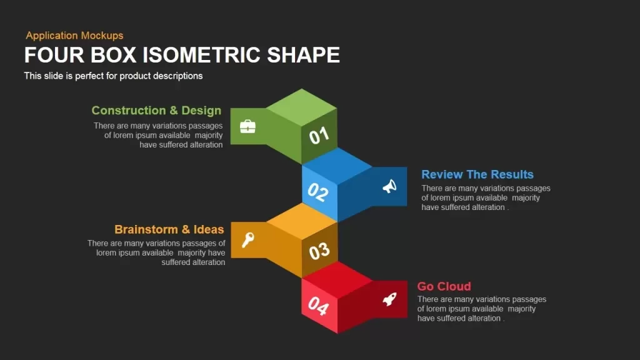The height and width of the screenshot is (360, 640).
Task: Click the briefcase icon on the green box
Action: [x=247, y=127]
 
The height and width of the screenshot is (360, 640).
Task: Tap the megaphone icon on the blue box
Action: [x=389, y=186]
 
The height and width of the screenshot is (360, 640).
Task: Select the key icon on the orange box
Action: [x=247, y=239]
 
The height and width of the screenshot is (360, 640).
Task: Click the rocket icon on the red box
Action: [x=389, y=299]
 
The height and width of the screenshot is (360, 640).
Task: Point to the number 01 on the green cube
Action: [x=319, y=135]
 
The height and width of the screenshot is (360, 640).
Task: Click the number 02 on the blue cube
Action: [x=317, y=192]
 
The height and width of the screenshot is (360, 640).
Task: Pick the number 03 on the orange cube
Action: [x=319, y=251]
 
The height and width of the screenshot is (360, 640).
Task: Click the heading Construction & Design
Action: [x=156, y=111]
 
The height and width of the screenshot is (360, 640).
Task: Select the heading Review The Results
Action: [x=477, y=174]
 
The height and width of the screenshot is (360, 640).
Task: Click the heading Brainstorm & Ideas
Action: [x=169, y=229]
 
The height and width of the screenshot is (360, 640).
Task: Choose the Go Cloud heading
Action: [x=444, y=286]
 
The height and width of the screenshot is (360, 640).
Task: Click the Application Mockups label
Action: [x=74, y=36]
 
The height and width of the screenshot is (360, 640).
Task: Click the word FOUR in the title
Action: [x=48, y=55]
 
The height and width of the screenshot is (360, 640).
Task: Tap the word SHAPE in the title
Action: [x=303, y=55]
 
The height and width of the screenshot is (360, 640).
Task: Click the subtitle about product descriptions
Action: [x=113, y=76]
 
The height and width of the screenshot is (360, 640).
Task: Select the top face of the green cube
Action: [x=302, y=106]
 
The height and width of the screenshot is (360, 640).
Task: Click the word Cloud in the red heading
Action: [x=454, y=286]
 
